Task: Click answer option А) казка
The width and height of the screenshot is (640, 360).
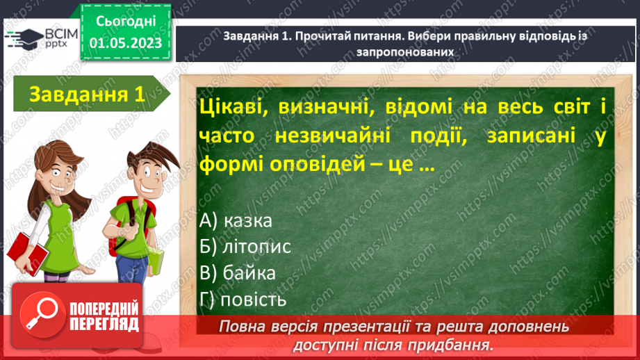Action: (235, 220)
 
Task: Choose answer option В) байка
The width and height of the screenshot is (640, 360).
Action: (237, 273)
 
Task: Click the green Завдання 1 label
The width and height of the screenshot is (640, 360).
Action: (87, 95)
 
